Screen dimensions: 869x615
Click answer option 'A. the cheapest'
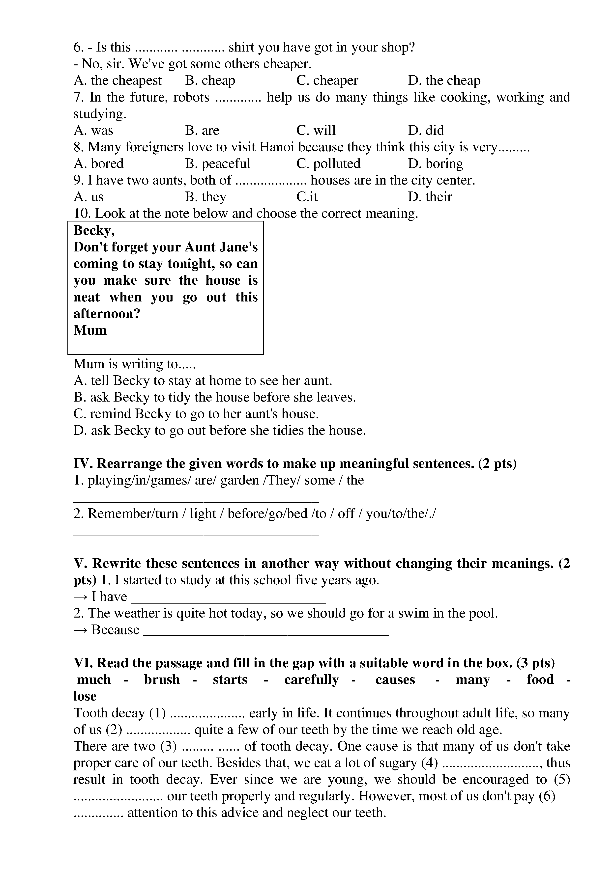point(117,81)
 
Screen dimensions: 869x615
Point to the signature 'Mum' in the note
point(90,330)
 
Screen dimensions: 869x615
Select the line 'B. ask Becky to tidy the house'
point(214,397)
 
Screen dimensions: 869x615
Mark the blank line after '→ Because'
point(267,635)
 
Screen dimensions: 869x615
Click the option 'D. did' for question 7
point(426,131)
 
